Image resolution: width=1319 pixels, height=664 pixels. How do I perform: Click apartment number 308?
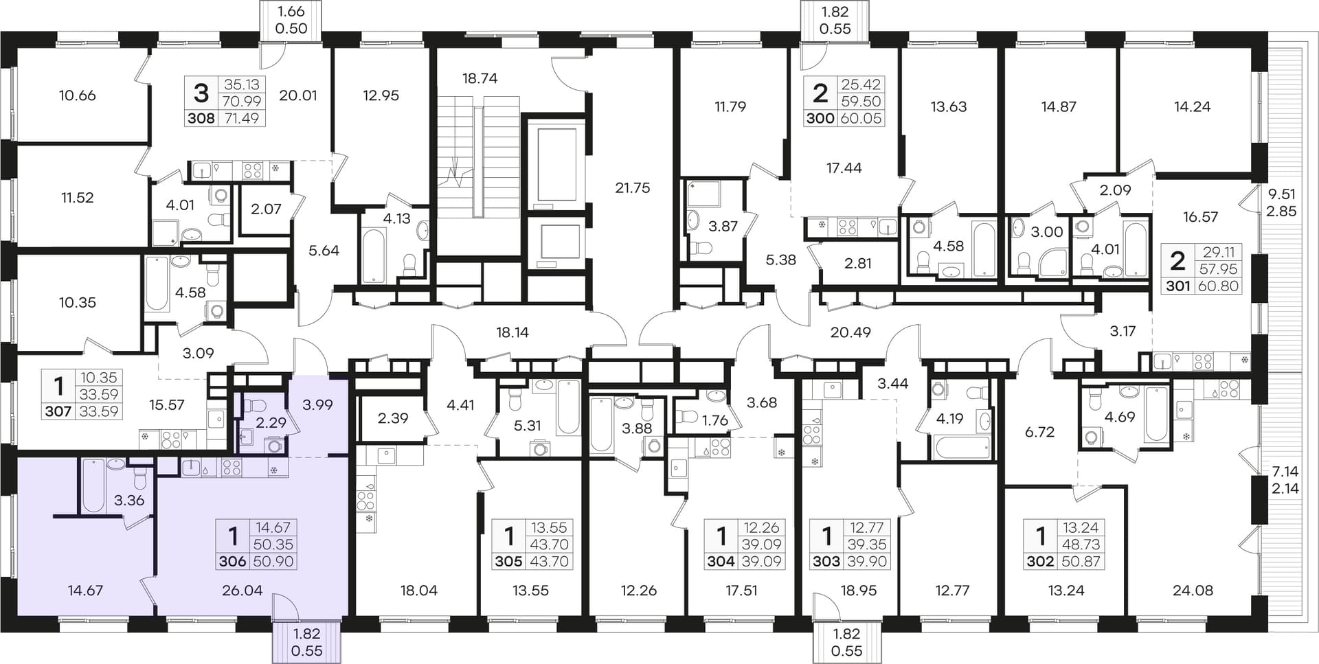point(201,118)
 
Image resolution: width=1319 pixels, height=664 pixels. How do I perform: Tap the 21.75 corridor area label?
point(632,188)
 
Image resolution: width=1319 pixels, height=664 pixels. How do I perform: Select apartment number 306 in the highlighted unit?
point(232,562)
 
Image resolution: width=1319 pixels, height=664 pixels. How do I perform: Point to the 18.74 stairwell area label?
point(480,78)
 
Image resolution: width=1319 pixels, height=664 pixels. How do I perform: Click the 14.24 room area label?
point(1193,106)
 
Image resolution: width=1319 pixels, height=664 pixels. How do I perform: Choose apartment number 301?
point(1177,286)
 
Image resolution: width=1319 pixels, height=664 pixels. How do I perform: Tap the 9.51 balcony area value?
point(1281,195)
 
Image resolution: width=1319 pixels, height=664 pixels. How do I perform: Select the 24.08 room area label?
point(1193,591)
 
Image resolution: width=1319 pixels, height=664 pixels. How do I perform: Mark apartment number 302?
point(1040,562)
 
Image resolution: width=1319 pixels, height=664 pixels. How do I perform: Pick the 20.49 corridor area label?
point(850,332)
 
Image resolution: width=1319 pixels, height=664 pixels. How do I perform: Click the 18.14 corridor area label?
point(512,332)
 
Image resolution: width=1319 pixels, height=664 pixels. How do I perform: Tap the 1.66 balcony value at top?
point(291,12)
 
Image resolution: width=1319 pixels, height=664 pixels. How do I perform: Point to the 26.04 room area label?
point(243,591)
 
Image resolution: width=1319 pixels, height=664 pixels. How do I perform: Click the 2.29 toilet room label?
point(271,423)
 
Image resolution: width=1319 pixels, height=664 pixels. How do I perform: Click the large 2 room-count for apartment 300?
point(820,93)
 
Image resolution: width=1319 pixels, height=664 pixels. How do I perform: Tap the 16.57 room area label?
point(1200,217)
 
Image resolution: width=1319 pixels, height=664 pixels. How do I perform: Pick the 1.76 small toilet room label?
point(714,420)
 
